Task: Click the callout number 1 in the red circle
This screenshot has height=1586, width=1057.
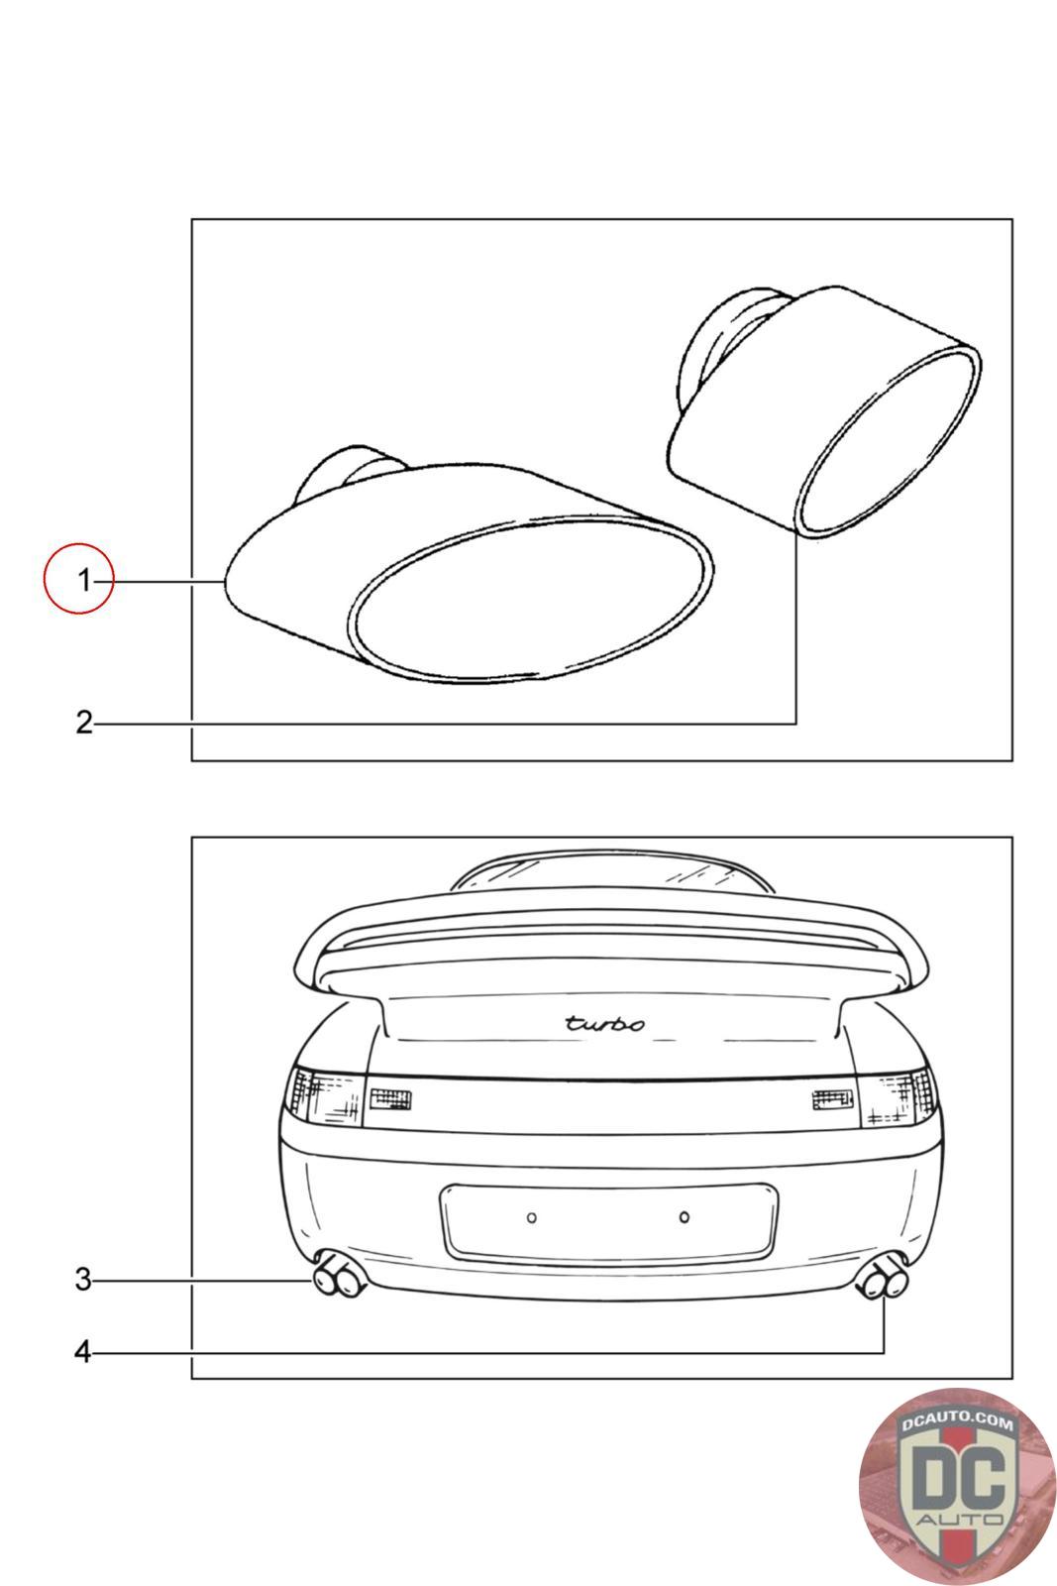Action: click(x=84, y=581)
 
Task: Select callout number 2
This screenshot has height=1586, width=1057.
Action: click(x=84, y=723)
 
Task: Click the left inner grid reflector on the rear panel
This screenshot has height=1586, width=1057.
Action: click(x=390, y=1099)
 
